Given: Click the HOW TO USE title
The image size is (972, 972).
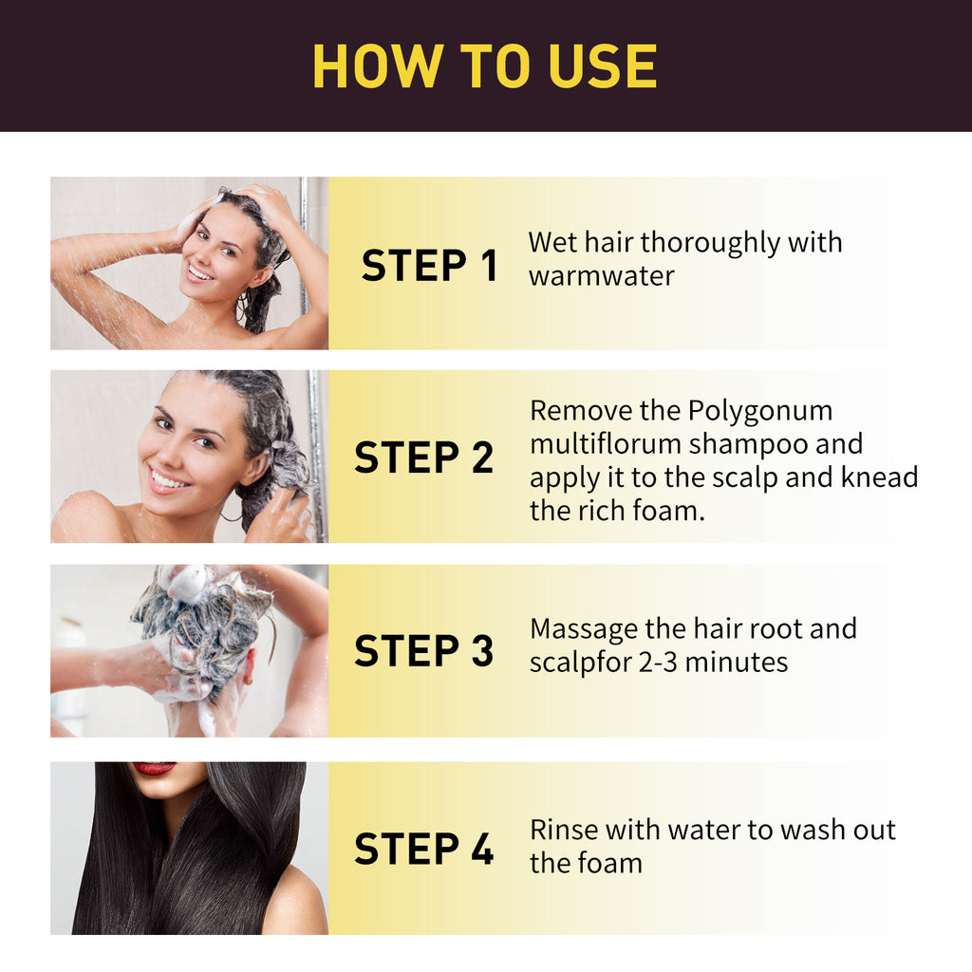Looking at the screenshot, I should pos(484,66).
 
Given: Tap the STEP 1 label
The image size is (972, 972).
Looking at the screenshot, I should pos(429,266).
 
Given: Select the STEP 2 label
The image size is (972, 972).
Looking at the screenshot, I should pos(423,458).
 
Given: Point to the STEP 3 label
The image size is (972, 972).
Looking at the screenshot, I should pos(423,651).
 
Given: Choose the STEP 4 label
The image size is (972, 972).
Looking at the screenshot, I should pos(423,849).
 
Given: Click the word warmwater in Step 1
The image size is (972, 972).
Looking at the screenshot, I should pos(601,276).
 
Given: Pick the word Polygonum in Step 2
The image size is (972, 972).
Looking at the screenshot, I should pos(759,411).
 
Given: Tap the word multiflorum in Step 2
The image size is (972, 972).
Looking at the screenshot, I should pos(606,444).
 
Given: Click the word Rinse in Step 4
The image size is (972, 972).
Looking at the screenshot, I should pos(564,830).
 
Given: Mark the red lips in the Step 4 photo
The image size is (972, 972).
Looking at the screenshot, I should pos(154,769).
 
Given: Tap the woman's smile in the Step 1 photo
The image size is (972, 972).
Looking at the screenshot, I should pos(200,273).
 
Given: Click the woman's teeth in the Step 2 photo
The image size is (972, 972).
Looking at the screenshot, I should pos(168,479).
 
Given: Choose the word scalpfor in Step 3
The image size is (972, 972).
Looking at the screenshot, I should pos(576,662).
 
